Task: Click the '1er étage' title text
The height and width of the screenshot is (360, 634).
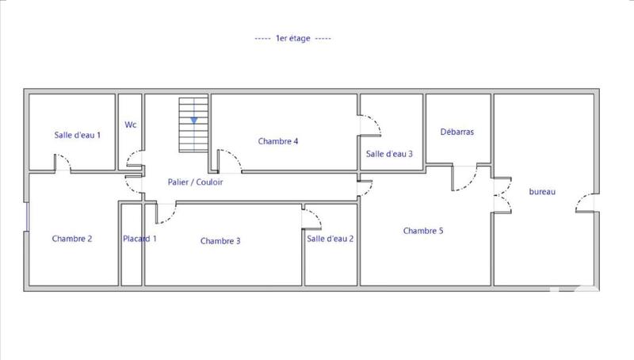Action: pyautogui.click(x=293, y=39)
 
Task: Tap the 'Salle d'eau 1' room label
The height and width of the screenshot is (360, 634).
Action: pyautogui.click(x=78, y=136)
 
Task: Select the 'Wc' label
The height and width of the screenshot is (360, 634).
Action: pyautogui.click(x=131, y=124)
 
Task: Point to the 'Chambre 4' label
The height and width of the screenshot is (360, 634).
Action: pyautogui.click(x=278, y=142)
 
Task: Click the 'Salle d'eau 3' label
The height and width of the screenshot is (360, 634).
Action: pyautogui.click(x=389, y=154)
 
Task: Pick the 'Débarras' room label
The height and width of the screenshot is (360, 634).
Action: pyautogui.click(x=457, y=132)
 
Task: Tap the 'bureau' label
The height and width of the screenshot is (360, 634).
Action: pyautogui.click(x=542, y=192)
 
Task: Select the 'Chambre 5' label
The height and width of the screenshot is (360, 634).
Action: pyautogui.click(x=423, y=232)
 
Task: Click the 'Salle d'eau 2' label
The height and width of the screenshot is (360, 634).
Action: pyautogui.click(x=330, y=239)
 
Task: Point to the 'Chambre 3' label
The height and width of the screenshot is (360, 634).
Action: pyautogui.click(x=220, y=241)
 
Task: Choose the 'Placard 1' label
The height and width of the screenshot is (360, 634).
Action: pyautogui.click(x=139, y=239)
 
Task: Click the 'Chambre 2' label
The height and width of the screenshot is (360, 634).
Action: pyautogui.click(x=73, y=239)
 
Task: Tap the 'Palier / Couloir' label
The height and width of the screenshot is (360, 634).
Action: pyautogui.click(x=196, y=182)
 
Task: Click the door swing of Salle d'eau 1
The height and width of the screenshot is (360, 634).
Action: pyautogui.click(x=63, y=163)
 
